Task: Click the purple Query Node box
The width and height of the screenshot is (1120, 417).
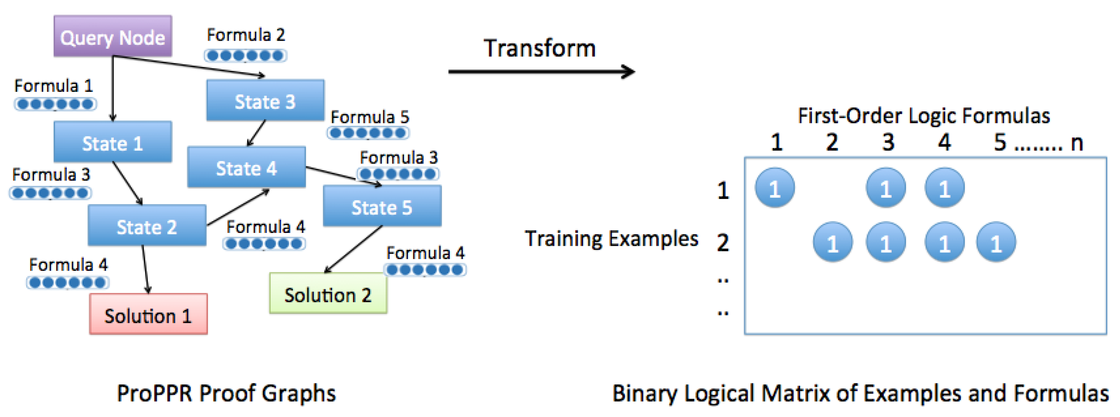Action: coord(113,36)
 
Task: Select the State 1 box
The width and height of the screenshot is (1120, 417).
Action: coord(113,142)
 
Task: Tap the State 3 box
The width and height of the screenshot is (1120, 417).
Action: coord(265,101)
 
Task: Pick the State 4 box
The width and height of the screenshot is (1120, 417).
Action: coord(246,167)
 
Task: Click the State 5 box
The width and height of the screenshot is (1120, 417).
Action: coord(382,206)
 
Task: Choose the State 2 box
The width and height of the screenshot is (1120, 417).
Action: coord(147,226)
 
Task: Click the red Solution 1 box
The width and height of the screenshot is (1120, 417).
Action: coord(148,315)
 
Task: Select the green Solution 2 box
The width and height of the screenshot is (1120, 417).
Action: coord(328,294)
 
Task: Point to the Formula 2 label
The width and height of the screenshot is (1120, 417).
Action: coord(246,35)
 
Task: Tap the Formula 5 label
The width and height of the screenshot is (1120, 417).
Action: coord(370,117)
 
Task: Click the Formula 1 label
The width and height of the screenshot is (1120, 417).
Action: coord(54,86)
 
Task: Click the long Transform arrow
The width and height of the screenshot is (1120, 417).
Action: coord(541,72)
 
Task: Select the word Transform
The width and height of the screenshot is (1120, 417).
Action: coord(540,48)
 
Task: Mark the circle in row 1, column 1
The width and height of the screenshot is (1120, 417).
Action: coord(774,188)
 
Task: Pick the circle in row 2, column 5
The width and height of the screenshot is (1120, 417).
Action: coord(996,242)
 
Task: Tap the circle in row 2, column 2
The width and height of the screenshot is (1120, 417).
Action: coord(832,242)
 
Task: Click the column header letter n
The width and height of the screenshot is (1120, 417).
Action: coord(1077,143)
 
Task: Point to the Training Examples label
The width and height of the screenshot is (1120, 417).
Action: coord(611,238)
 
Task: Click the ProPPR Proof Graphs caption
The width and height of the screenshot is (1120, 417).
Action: coord(226,394)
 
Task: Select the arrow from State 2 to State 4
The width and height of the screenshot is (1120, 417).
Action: coord(238,207)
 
